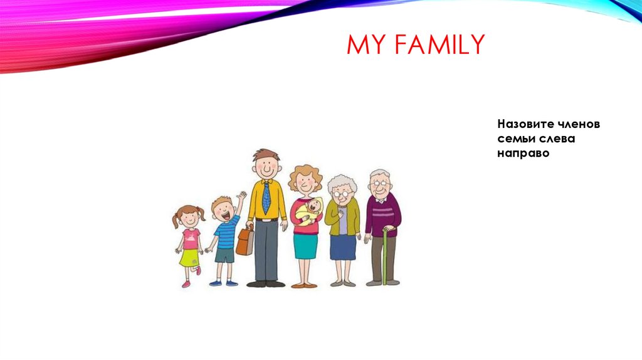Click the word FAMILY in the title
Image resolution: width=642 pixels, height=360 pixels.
[x=439, y=45]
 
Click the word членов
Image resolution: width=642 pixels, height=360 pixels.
[x=579, y=124]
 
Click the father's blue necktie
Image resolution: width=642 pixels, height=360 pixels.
[x=266, y=197]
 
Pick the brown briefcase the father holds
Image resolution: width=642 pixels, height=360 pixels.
[x=245, y=241]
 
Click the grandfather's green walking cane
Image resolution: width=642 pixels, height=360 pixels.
[x=384, y=257]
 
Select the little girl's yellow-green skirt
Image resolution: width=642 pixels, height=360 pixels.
[x=189, y=258]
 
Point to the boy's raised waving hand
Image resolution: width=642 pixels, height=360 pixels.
[x=241, y=196]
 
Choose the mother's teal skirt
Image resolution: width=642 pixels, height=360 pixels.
[x=305, y=246]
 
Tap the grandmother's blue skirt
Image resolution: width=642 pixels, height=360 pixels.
[x=343, y=248]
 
